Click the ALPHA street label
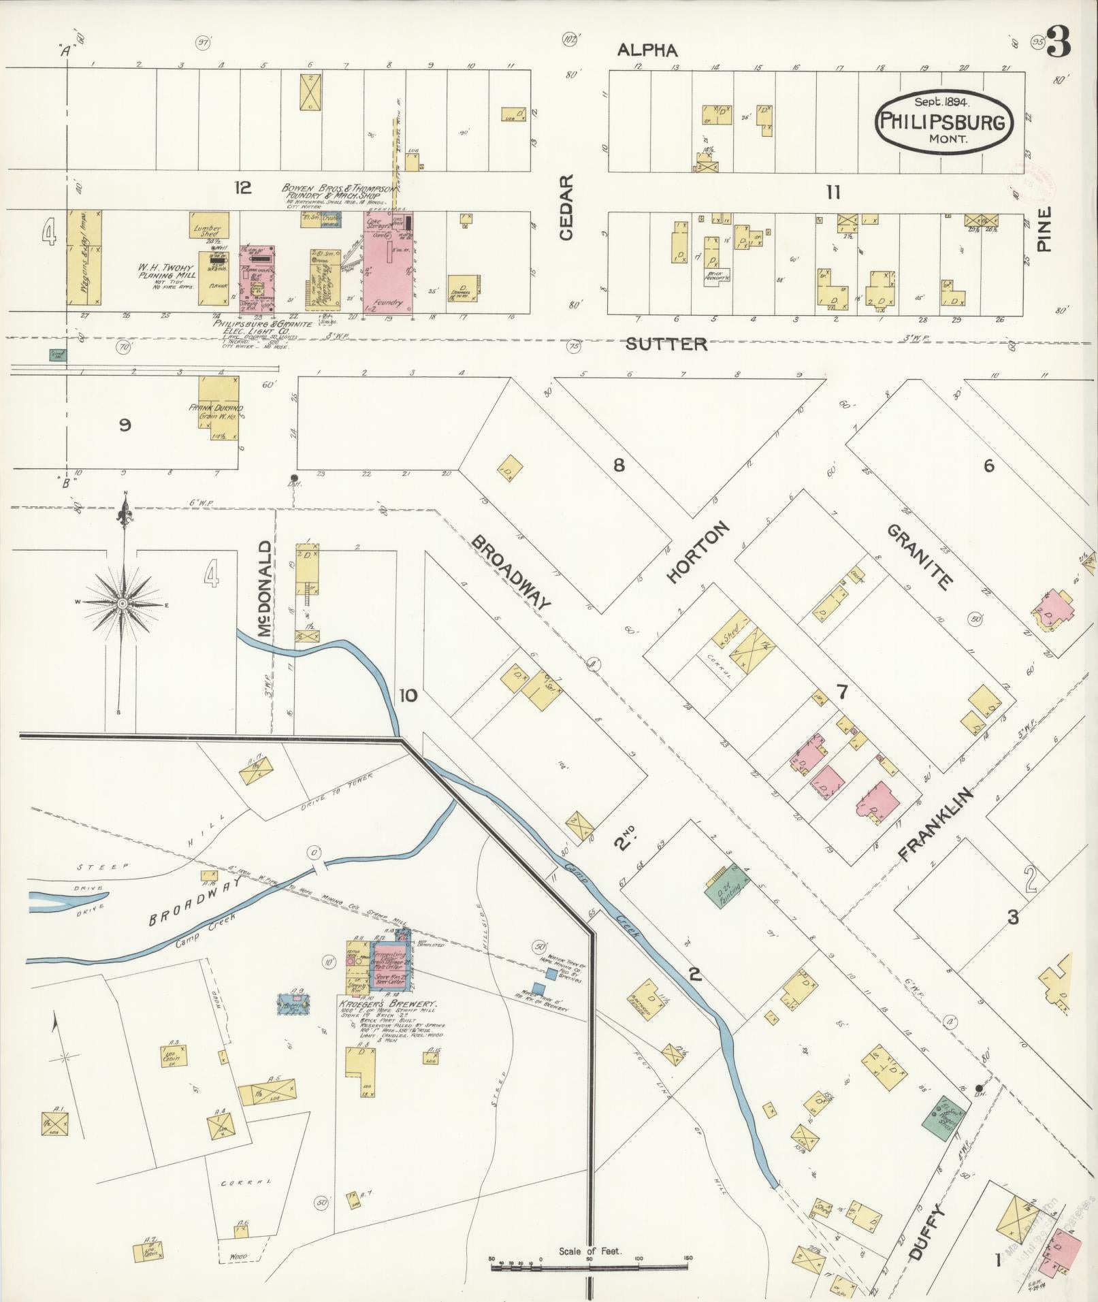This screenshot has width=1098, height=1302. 647,50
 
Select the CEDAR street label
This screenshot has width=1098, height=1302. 567,208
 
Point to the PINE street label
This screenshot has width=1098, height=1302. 1045,229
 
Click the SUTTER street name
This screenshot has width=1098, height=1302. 666,344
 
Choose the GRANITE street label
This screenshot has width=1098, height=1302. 918,556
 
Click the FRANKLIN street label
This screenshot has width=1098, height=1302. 937,824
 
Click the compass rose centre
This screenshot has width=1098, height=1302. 123,604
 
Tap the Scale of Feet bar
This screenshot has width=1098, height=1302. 590,1259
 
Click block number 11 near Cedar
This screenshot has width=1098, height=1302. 833,193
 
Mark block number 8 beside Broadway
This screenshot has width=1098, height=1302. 618,466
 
